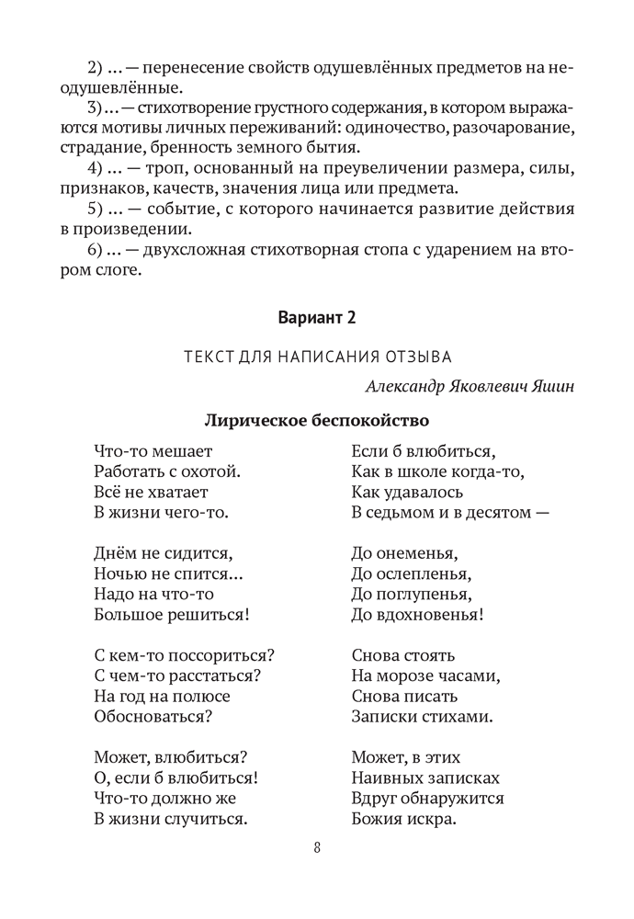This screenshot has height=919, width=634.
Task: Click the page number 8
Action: click(316, 848)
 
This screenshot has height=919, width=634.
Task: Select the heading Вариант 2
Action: click(316, 318)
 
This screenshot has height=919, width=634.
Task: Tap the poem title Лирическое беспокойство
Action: click(316, 422)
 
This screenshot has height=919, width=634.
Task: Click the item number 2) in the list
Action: click(96, 68)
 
